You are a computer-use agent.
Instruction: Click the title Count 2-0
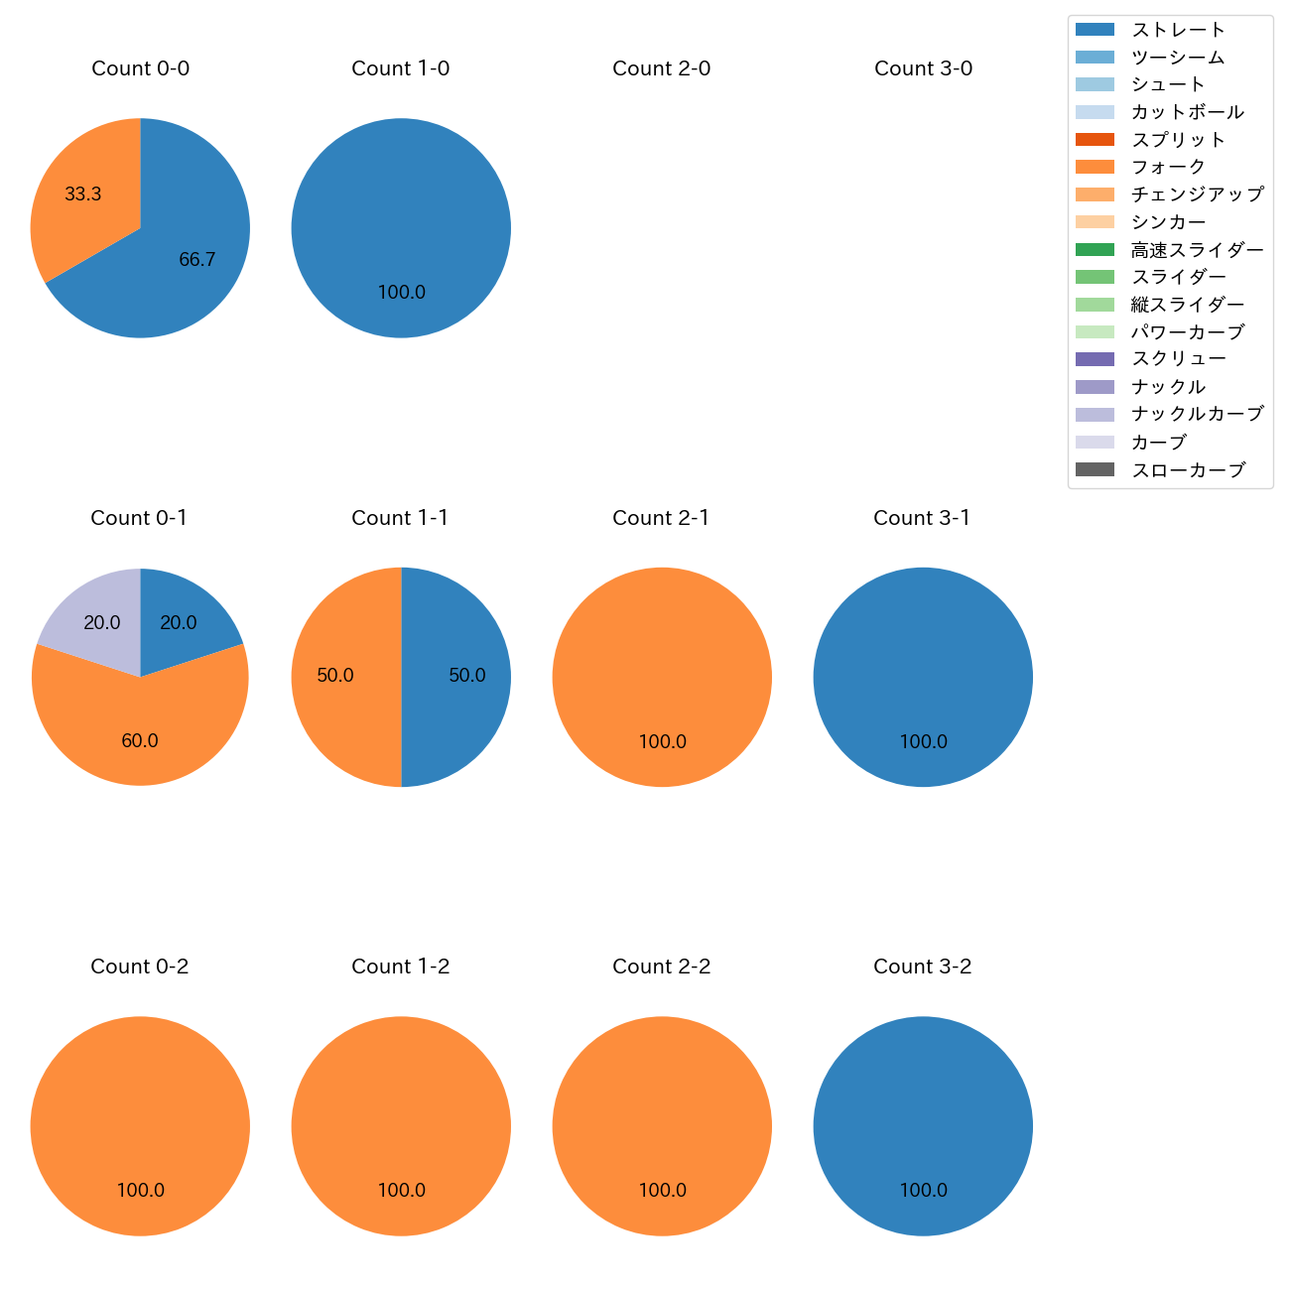[662, 68]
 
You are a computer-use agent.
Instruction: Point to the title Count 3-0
[923, 68]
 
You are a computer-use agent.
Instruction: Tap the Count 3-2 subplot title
[923, 967]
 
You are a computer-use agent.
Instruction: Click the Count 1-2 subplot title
[401, 967]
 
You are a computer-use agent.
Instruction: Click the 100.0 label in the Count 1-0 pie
[402, 293]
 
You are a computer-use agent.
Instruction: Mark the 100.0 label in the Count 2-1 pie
[663, 742]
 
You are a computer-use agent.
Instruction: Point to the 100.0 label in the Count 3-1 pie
[924, 742]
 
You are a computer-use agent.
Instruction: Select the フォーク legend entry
[1168, 167]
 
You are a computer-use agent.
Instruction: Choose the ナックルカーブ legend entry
[1197, 414]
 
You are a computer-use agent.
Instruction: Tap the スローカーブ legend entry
[1188, 470]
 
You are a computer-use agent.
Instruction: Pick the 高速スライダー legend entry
[1197, 250]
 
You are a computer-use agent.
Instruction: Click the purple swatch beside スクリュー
[1095, 359]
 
